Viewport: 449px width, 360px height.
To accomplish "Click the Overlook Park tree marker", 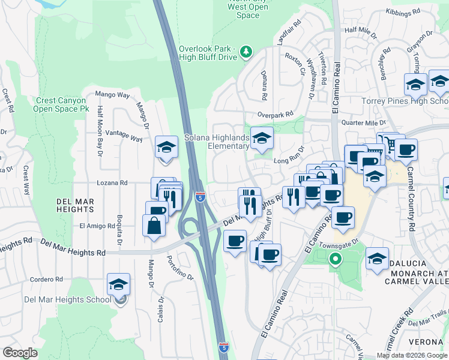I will click(x=246, y=52).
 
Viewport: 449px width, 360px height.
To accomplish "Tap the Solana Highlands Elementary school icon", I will click(x=262, y=139).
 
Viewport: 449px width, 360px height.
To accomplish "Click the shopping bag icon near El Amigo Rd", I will click(x=154, y=226).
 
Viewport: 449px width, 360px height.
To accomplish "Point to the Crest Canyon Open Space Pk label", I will click(x=62, y=105).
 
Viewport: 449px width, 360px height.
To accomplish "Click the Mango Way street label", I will click(x=113, y=95).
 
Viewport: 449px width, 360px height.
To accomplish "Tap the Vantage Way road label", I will click(x=124, y=136).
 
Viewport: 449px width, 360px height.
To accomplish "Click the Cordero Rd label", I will click(x=46, y=280).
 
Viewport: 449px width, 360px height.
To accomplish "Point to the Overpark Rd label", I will click(x=275, y=114).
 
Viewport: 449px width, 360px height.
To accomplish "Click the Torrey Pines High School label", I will click(x=403, y=101).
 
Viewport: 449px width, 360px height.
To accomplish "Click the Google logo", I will click(x=20, y=353).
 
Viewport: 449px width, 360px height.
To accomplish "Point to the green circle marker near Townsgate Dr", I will click(x=336, y=260).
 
